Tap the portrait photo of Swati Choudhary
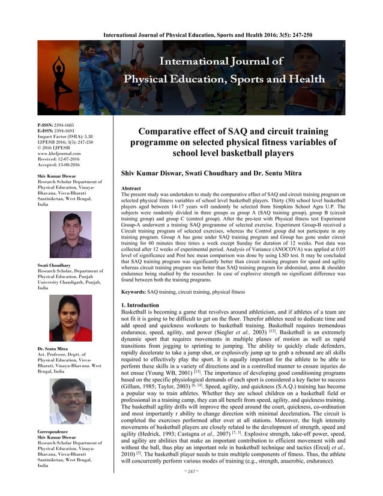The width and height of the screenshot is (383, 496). (x=71, y=318)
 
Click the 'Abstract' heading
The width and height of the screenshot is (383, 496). (x=131, y=189)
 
